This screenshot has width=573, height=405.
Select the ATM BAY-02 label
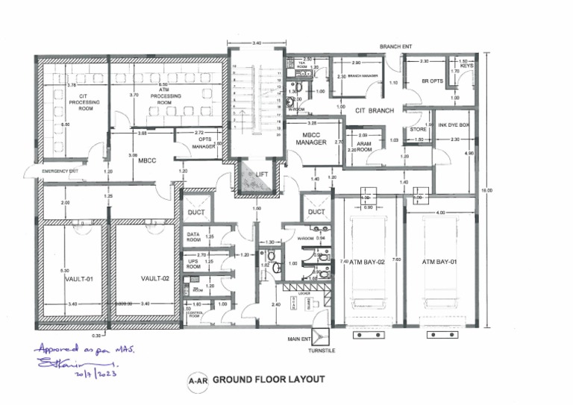[367, 262]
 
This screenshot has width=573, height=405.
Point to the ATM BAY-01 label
[439, 262]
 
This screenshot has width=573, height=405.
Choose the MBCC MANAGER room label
[311, 137]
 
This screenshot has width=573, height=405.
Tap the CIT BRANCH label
[374, 110]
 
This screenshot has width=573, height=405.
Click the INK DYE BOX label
[453, 125]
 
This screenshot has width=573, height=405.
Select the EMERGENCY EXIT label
[60, 172]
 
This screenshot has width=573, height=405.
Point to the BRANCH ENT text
[396, 46]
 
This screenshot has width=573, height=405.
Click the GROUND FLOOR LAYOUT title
[269, 379]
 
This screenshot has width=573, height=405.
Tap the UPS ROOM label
[193, 263]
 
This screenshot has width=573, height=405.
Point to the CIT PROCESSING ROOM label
[89, 103]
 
